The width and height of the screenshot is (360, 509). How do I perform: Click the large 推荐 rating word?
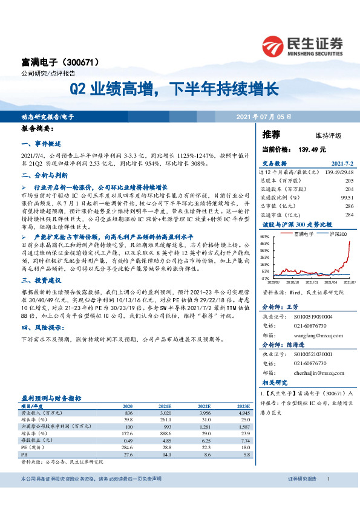pyautogui.click(x=271, y=134)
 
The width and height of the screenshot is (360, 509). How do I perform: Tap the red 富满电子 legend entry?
pyautogui.click(x=301, y=233)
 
